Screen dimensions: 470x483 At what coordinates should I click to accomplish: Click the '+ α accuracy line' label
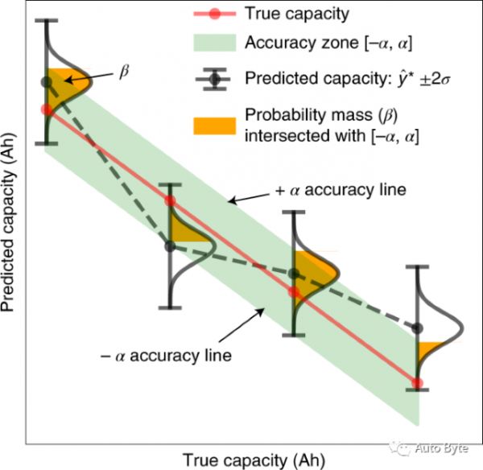(x=335, y=191)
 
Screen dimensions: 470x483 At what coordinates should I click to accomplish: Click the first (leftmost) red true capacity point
(x=47, y=109)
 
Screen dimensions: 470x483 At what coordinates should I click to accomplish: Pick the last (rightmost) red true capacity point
(x=417, y=382)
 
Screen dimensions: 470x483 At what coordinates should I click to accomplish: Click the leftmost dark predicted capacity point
(x=47, y=82)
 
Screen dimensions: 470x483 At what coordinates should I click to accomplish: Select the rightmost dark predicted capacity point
(x=417, y=328)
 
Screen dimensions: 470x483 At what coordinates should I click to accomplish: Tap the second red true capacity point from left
(x=170, y=200)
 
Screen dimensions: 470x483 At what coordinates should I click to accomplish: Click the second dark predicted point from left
(x=170, y=245)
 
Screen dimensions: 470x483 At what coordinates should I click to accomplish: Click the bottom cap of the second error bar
(x=170, y=307)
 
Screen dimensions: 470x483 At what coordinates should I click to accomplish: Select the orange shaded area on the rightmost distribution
(x=428, y=351)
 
